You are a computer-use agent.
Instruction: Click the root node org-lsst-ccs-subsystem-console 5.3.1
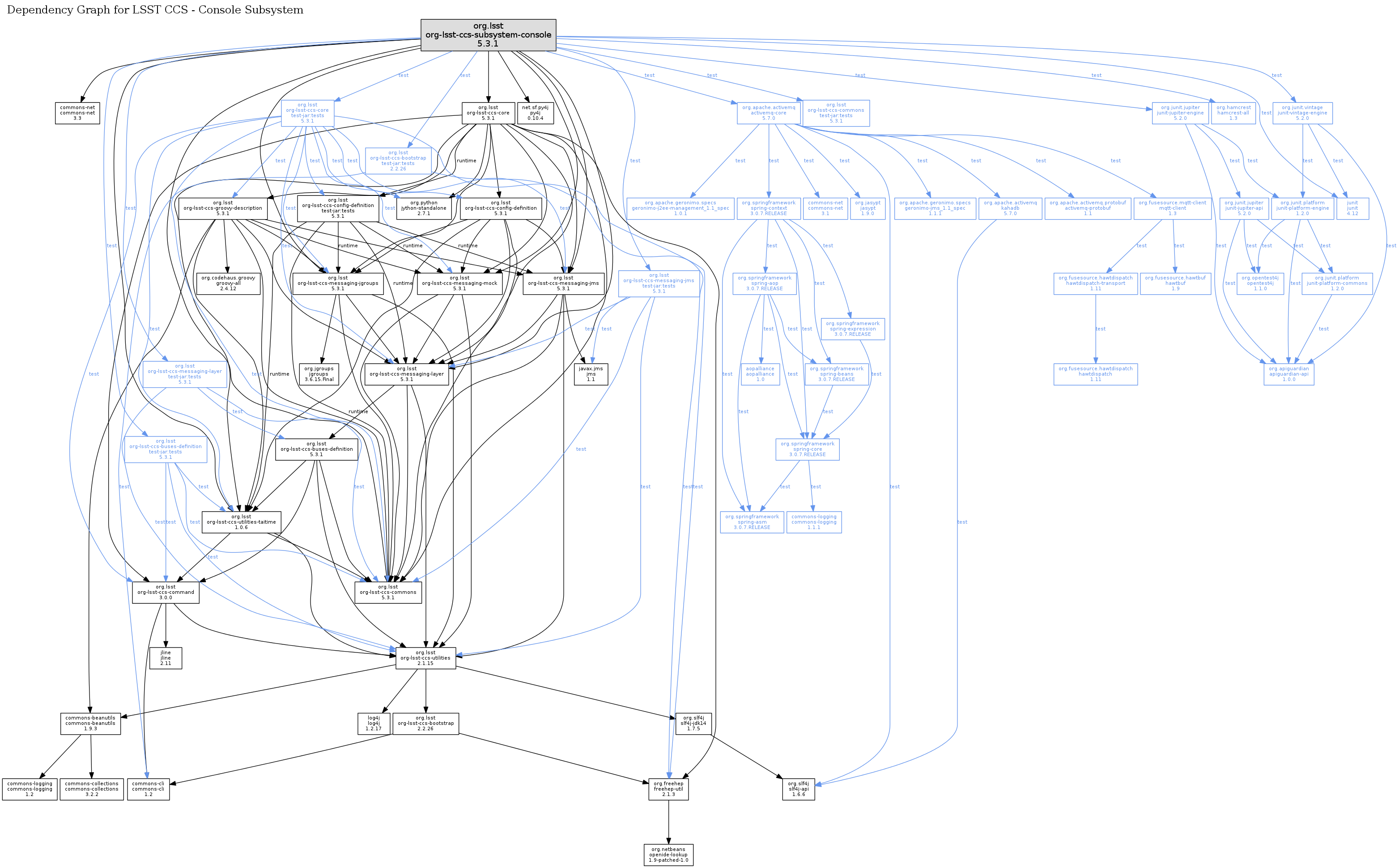pyautogui.click(x=488, y=35)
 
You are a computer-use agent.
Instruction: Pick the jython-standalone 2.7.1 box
pyautogui.click(x=424, y=208)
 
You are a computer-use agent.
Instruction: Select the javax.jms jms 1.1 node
pyautogui.click(x=591, y=374)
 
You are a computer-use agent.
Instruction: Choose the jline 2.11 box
pyautogui.click(x=166, y=658)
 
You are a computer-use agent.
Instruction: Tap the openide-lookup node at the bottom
pyautogui.click(x=668, y=855)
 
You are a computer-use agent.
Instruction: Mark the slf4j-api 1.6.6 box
pyautogui.click(x=798, y=789)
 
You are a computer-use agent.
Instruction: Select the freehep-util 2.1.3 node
pyautogui.click(x=668, y=789)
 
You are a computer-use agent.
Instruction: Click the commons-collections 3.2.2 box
pyautogui.click(x=92, y=789)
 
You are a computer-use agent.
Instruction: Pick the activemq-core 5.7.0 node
pyautogui.click(x=769, y=113)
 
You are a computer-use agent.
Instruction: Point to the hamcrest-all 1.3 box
pyautogui.click(x=1233, y=113)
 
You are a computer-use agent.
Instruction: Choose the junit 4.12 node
pyautogui.click(x=1352, y=208)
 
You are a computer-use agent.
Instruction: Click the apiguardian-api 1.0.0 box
pyautogui.click(x=1289, y=374)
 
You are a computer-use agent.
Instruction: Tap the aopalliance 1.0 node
pyautogui.click(x=761, y=374)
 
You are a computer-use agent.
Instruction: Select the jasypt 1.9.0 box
pyautogui.click(x=868, y=208)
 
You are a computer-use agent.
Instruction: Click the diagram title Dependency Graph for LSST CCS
pyautogui.click(x=155, y=10)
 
